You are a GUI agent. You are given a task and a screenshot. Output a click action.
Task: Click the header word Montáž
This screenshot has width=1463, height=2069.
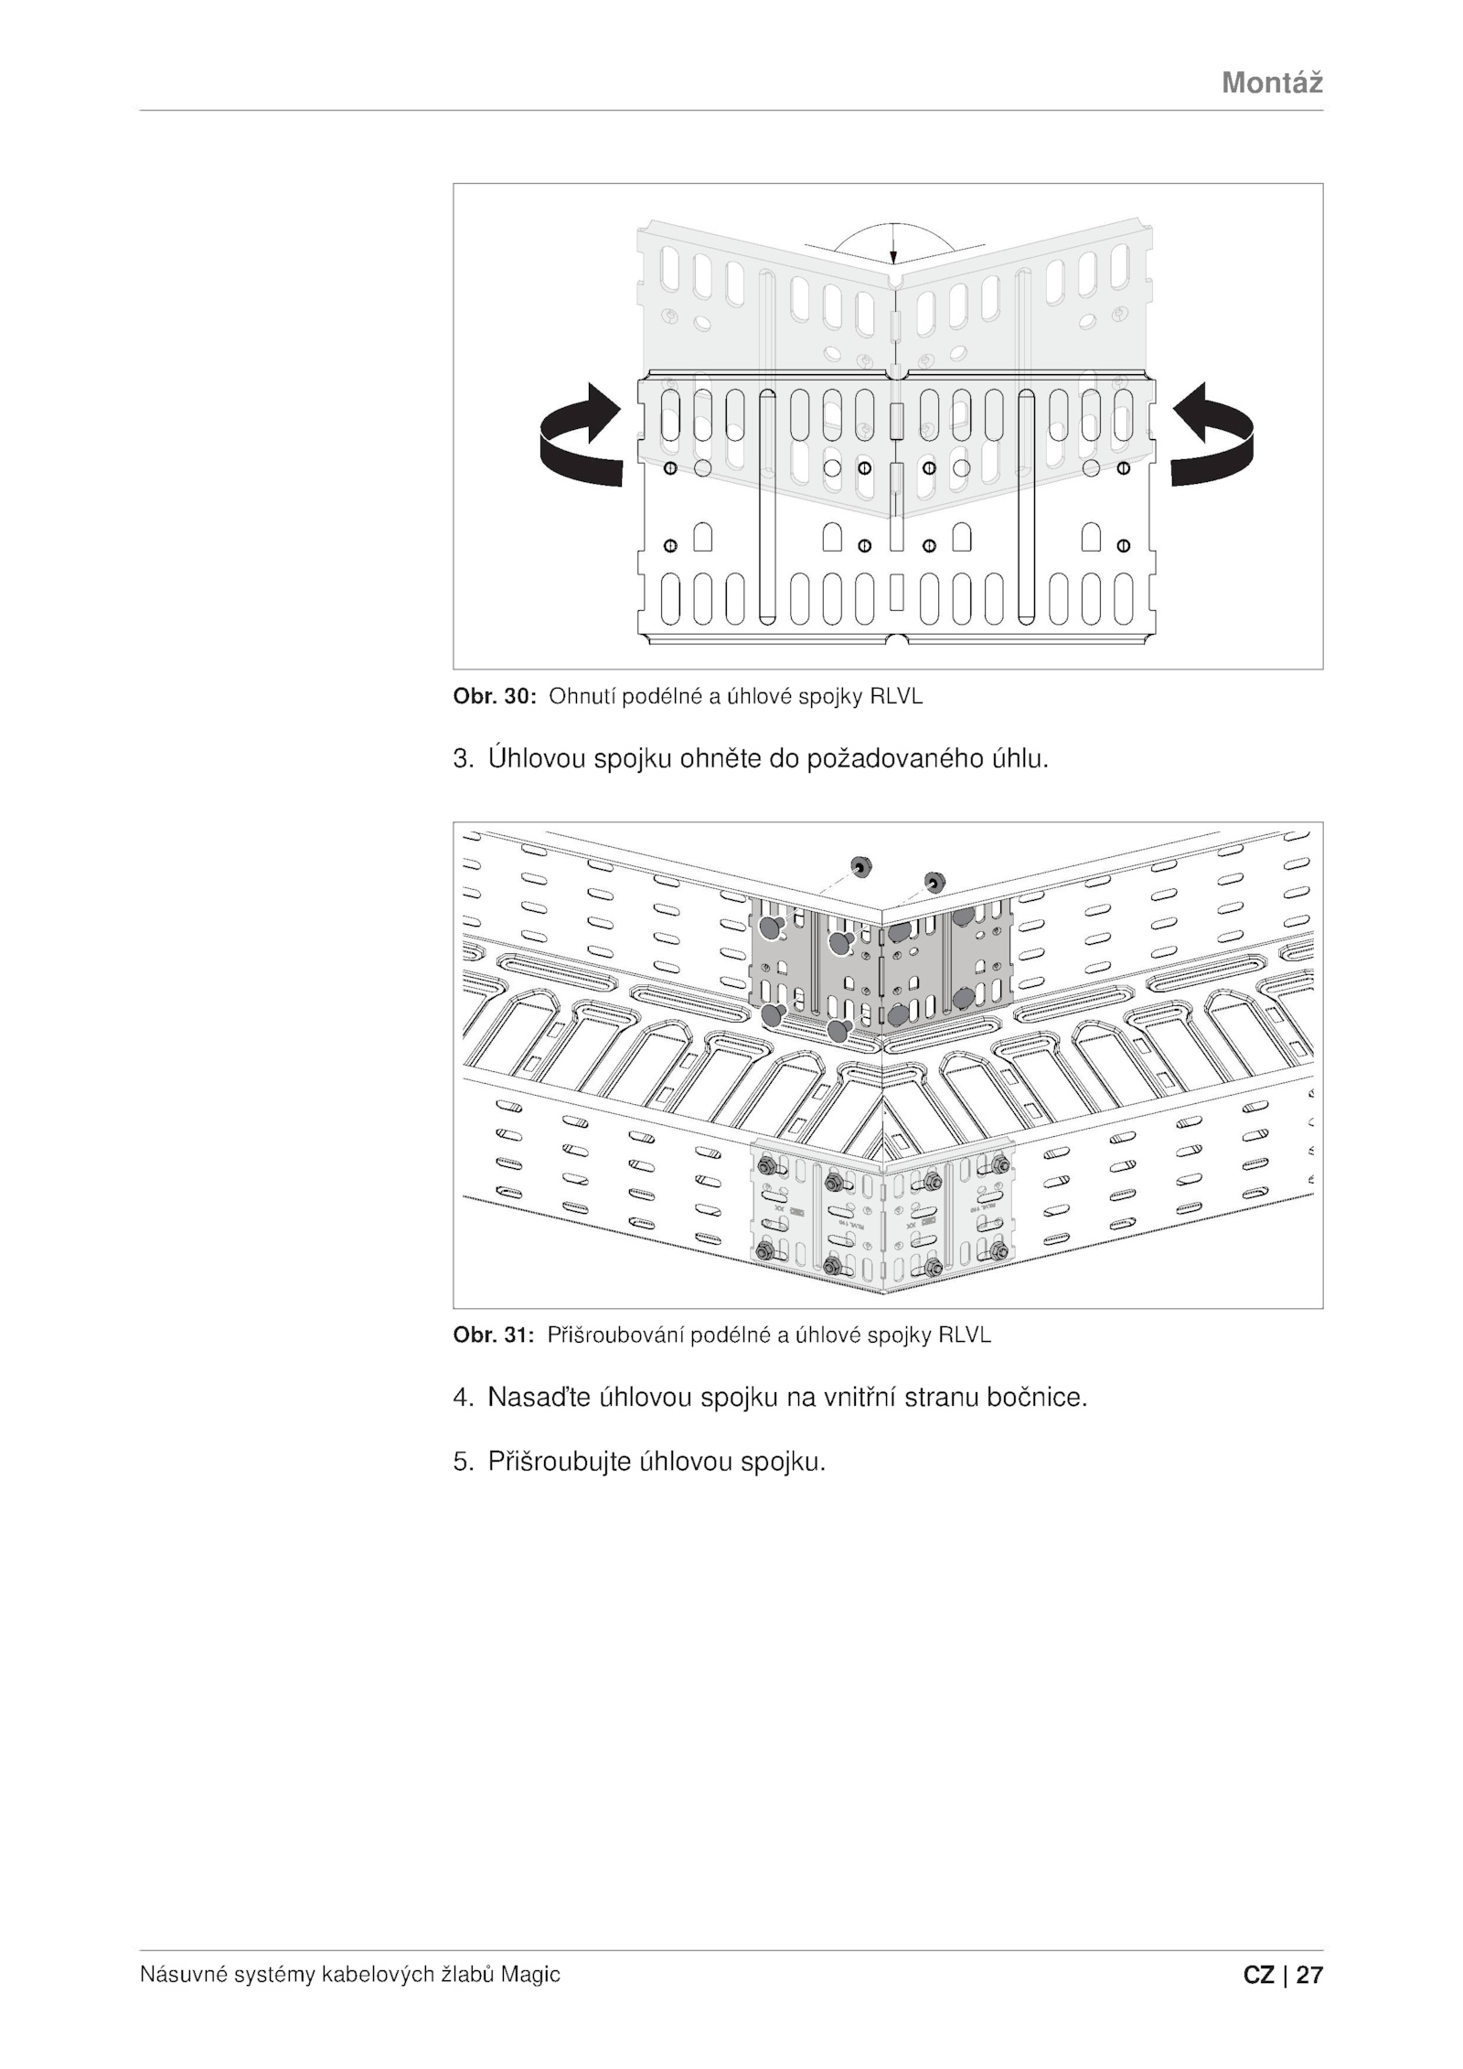point(1272,83)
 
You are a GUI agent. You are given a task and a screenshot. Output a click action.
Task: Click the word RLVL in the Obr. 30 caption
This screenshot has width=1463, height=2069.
point(896,696)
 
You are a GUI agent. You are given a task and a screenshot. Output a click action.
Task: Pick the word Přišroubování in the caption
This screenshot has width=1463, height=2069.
point(615,1335)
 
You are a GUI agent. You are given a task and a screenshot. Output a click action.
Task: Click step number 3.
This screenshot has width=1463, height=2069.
point(462,759)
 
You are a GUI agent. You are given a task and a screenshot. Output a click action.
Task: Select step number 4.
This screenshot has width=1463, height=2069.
point(462,1398)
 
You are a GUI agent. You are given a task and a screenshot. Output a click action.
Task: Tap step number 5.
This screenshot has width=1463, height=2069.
point(462,1462)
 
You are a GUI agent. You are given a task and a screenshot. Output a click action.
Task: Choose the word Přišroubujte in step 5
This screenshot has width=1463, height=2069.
point(559,1462)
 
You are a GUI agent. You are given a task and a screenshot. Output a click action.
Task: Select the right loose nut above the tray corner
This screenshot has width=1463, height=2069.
point(934,881)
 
